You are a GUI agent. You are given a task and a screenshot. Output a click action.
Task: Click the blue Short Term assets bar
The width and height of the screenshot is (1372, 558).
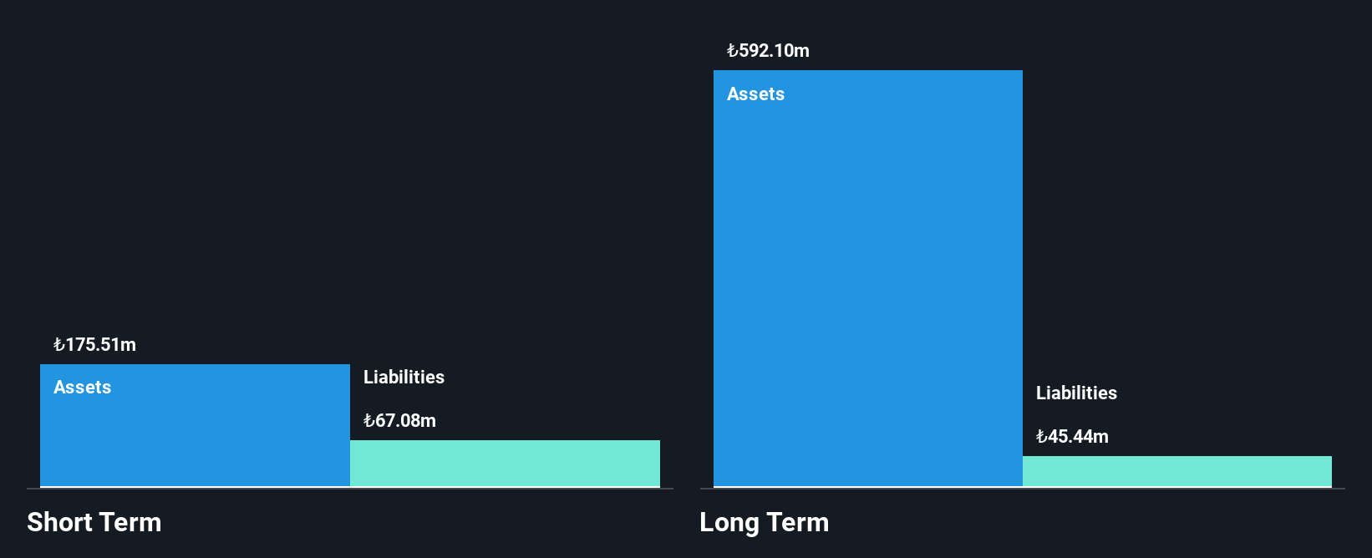point(195,425)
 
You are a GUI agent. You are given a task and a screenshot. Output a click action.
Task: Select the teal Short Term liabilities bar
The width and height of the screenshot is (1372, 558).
point(506,463)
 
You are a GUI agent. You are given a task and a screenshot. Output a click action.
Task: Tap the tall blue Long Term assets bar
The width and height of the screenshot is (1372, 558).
point(868,278)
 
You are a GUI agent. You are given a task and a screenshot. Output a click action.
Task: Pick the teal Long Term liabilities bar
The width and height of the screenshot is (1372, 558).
point(1177,471)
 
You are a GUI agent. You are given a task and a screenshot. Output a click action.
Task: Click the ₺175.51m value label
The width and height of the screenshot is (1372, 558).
point(95,345)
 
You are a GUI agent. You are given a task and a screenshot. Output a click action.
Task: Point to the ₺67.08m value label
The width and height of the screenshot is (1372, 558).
point(400,421)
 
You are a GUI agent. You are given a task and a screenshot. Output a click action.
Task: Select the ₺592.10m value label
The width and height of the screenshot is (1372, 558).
point(768,51)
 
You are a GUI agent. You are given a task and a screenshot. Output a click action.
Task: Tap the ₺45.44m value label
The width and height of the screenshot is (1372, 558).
point(1073,437)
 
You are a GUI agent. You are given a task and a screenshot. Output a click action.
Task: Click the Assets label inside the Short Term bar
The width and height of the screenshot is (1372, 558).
point(82,387)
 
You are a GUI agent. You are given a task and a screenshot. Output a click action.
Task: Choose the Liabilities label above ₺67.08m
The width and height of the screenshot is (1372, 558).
point(404,377)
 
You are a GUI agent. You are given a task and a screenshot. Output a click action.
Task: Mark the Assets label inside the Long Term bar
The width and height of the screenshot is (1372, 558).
point(755,94)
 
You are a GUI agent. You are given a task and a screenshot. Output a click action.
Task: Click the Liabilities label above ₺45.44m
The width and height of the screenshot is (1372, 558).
point(1076,393)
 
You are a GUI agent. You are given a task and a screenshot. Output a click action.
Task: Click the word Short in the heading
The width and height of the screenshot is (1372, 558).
point(58,522)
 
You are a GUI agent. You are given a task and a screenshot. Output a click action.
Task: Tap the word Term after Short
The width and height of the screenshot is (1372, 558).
point(130,522)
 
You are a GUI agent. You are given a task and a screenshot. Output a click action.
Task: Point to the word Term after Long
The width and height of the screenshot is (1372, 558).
point(797,522)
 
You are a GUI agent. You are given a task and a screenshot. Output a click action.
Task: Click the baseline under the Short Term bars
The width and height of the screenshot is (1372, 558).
point(350,489)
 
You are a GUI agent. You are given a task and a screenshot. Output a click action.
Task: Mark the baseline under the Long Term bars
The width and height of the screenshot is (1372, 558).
point(1023,489)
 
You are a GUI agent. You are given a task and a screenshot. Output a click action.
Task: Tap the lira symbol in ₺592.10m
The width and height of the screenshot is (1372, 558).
point(732,51)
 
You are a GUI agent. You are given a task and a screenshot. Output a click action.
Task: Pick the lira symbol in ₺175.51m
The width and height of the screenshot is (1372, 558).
point(58,345)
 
